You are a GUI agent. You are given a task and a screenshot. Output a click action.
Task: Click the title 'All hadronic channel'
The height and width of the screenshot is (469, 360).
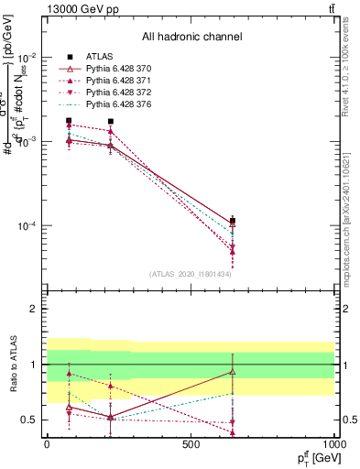[191, 37]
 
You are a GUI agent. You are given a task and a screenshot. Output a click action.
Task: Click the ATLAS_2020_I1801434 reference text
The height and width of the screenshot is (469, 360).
[191, 274]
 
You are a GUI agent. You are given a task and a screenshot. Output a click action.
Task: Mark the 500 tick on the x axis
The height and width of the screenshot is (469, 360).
[191, 444]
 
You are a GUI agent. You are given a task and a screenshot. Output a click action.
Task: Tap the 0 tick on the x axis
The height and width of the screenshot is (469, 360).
[47, 444]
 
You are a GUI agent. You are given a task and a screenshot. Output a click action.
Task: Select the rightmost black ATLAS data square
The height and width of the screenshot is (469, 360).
[233, 221]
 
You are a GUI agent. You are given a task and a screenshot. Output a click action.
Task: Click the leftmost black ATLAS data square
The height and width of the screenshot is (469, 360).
[69, 120]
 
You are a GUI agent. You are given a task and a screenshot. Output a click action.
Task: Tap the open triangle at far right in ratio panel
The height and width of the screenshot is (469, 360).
[233, 372]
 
